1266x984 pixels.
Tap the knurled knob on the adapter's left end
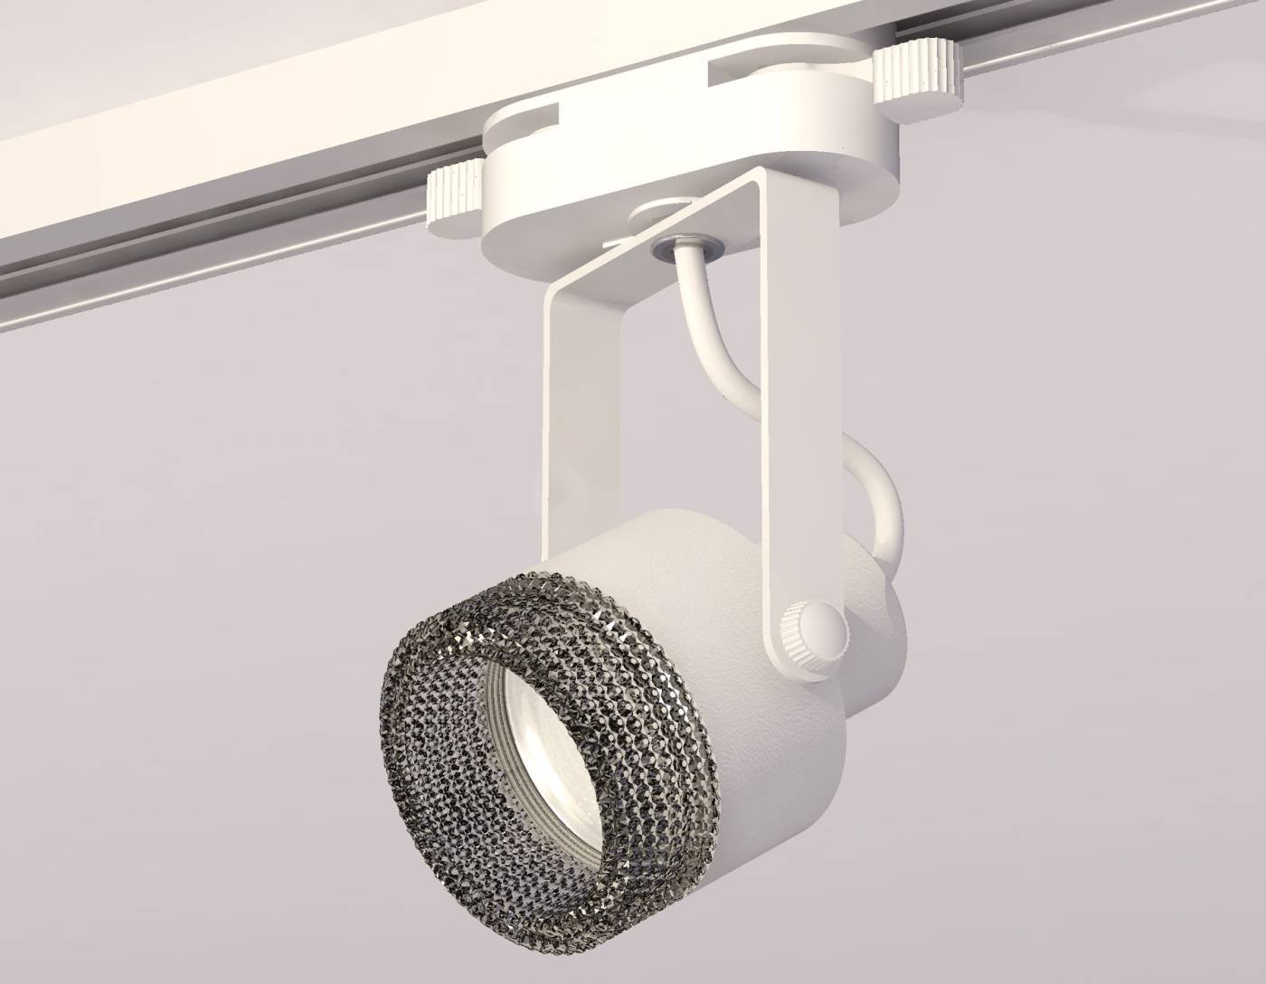pos(458,191)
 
